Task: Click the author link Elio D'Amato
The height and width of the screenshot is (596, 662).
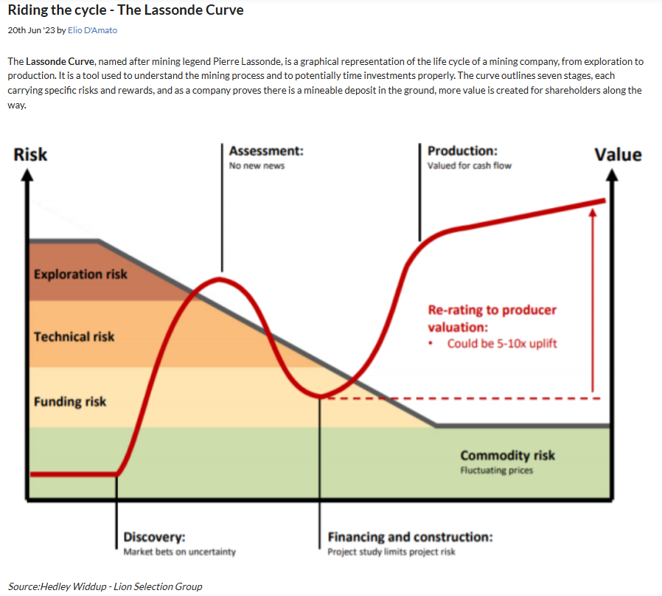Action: (92, 30)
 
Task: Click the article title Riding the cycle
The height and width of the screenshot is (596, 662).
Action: (125, 11)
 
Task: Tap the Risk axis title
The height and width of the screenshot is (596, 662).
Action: (30, 154)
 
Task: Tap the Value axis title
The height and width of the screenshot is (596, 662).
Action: (619, 154)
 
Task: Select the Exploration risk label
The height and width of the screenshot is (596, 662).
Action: (80, 274)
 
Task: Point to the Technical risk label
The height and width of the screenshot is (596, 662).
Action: (74, 336)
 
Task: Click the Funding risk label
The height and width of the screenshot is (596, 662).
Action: (70, 402)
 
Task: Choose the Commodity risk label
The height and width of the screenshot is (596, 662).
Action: (507, 455)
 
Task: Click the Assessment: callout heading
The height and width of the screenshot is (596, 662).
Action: (266, 151)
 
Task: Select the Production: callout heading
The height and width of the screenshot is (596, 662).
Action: (462, 151)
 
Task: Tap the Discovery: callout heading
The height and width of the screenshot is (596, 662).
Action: (154, 537)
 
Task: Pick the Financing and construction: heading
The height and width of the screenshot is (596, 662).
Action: (410, 537)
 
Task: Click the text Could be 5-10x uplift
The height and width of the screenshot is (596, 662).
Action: (502, 344)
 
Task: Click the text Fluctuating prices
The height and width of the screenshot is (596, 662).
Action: (496, 470)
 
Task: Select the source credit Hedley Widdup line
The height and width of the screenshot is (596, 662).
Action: (105, 586)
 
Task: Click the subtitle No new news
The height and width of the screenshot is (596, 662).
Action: (257, 166)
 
